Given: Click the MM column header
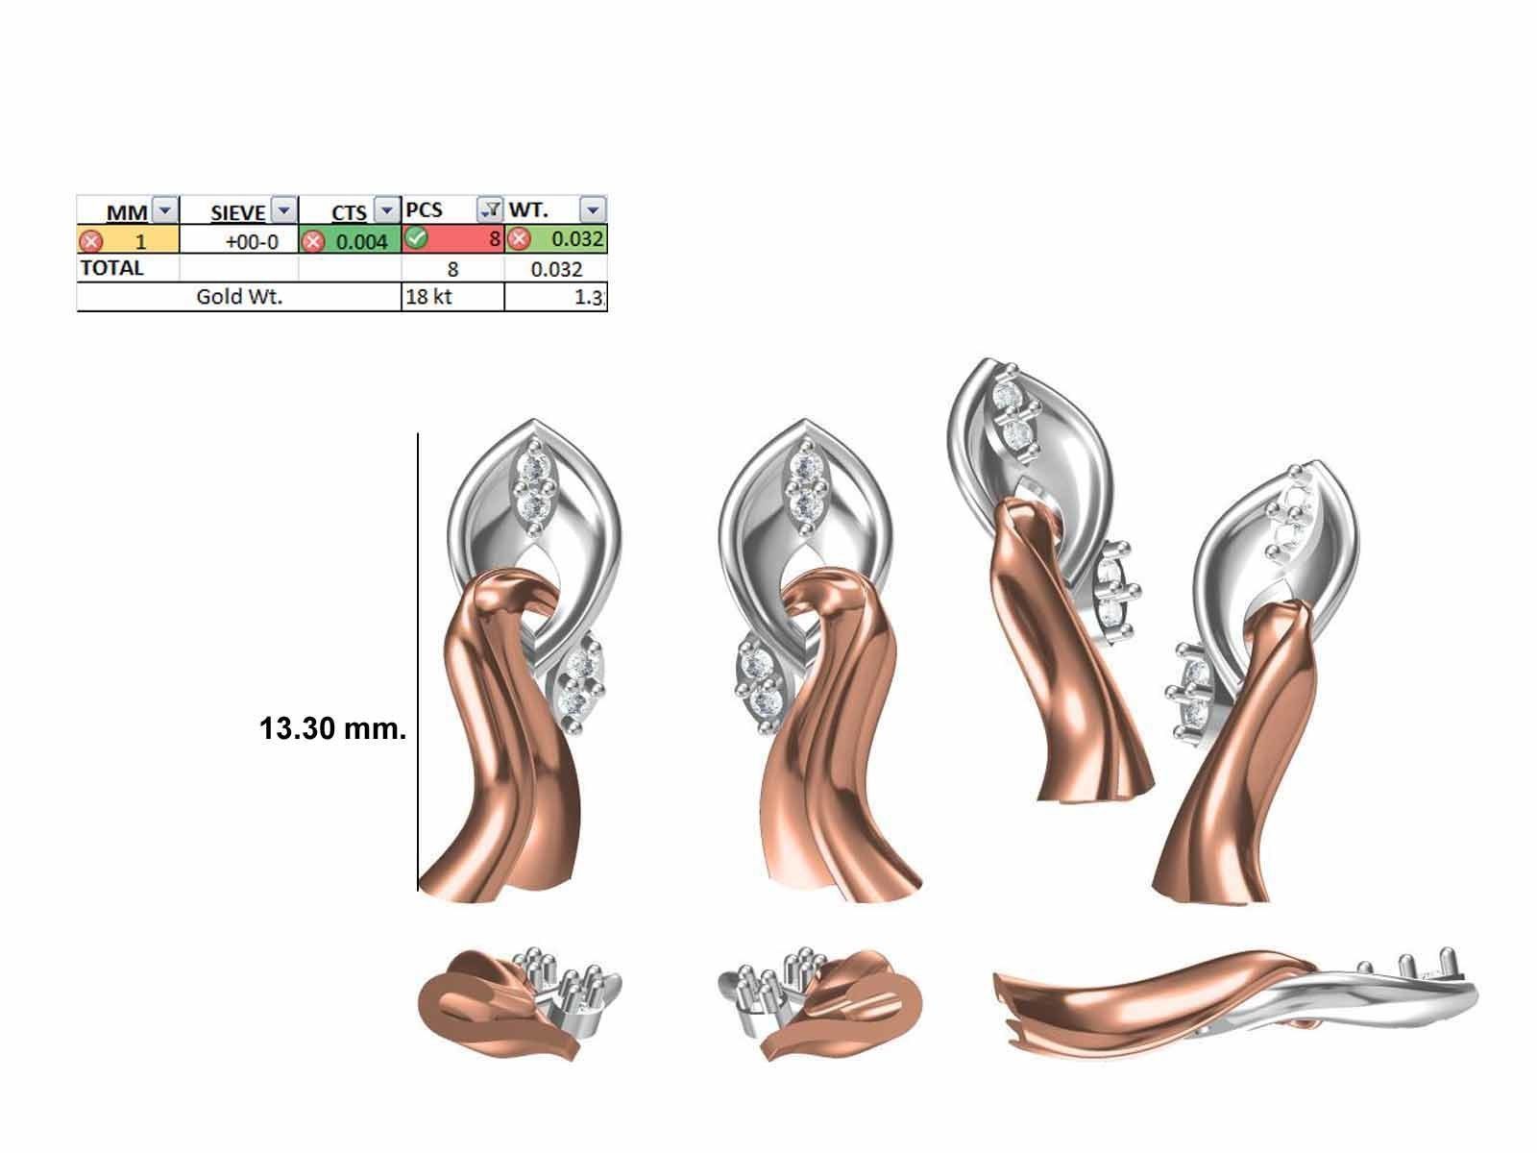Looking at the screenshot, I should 127,210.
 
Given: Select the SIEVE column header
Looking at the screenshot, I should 237,210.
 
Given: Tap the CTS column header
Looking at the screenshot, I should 348,210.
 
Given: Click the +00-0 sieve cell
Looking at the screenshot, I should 252,241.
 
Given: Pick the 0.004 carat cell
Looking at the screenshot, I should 361,241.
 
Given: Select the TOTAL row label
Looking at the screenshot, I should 112,268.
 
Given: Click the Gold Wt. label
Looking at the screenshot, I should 239,297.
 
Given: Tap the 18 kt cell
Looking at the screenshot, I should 428,297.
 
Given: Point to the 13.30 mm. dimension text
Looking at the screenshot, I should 332,729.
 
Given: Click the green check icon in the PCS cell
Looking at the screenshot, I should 416,238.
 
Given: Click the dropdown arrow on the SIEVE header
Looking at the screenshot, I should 284,209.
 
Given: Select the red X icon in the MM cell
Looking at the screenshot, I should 91,241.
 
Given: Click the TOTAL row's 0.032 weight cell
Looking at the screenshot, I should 557,269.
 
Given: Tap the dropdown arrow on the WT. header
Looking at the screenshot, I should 593,209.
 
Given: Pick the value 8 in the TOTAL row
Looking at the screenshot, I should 453,269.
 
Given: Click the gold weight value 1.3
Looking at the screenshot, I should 589,298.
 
